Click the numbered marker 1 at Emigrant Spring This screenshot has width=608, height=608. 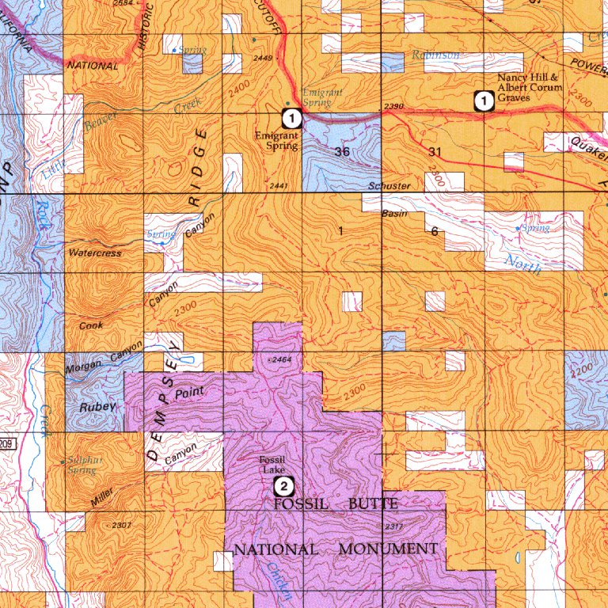292,119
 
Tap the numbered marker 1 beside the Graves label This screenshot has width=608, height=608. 481,101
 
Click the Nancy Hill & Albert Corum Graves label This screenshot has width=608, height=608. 530,88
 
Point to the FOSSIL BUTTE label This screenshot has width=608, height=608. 336,503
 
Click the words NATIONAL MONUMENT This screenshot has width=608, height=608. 336,549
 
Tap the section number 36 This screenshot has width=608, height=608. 342,151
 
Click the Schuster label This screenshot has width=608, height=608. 389,186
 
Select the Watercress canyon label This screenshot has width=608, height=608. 96,254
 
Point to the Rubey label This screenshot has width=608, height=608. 99,406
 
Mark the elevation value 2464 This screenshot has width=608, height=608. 281,360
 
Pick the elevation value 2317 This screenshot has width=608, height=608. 393,526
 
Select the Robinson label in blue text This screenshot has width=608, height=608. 435,55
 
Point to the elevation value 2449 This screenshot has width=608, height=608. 262,58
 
